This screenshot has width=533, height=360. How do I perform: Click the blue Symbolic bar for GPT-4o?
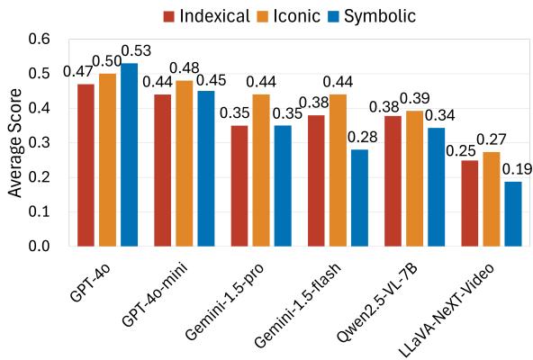pyautogui.click(x=129, y=155)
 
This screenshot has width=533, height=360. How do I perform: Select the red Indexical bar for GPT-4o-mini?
pyautogui.click(x=162, y=170)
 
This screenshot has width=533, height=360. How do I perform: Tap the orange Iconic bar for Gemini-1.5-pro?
pyautogui.click(x=261, y=170)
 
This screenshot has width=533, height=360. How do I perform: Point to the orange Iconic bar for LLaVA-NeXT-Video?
pyautogui.click(x=492, y=199)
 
